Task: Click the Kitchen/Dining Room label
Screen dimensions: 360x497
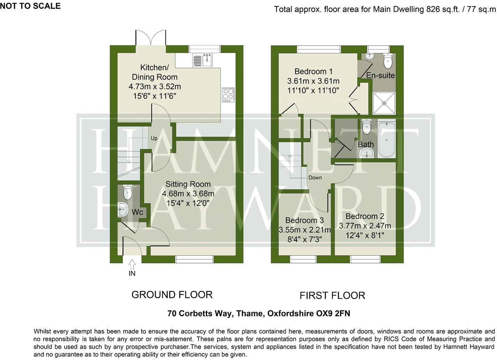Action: coord(154,72)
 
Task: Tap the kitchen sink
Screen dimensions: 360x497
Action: coord(202,60)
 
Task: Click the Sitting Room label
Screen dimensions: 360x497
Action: coord(188,184)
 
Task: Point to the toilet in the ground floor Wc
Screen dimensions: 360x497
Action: coord(128,192)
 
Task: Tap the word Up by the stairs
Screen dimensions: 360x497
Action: coord(154,138)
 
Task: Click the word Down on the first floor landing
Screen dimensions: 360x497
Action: coord(315,178)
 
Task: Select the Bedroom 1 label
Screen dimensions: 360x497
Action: coord(313,72)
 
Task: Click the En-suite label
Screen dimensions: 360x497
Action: coord(380,75)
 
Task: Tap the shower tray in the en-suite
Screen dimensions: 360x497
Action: coord(384,103)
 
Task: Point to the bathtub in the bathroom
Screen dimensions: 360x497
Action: coord(386,140)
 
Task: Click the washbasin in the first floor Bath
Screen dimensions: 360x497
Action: coord(366,153)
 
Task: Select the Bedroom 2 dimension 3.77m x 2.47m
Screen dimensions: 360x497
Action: coord(365,226)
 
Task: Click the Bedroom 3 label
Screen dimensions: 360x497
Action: coord(304,220)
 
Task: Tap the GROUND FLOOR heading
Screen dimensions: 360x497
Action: coord(172,295)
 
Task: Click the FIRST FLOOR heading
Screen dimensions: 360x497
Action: coord(332,296)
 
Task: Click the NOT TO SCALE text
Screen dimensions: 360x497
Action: coord(30,6)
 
